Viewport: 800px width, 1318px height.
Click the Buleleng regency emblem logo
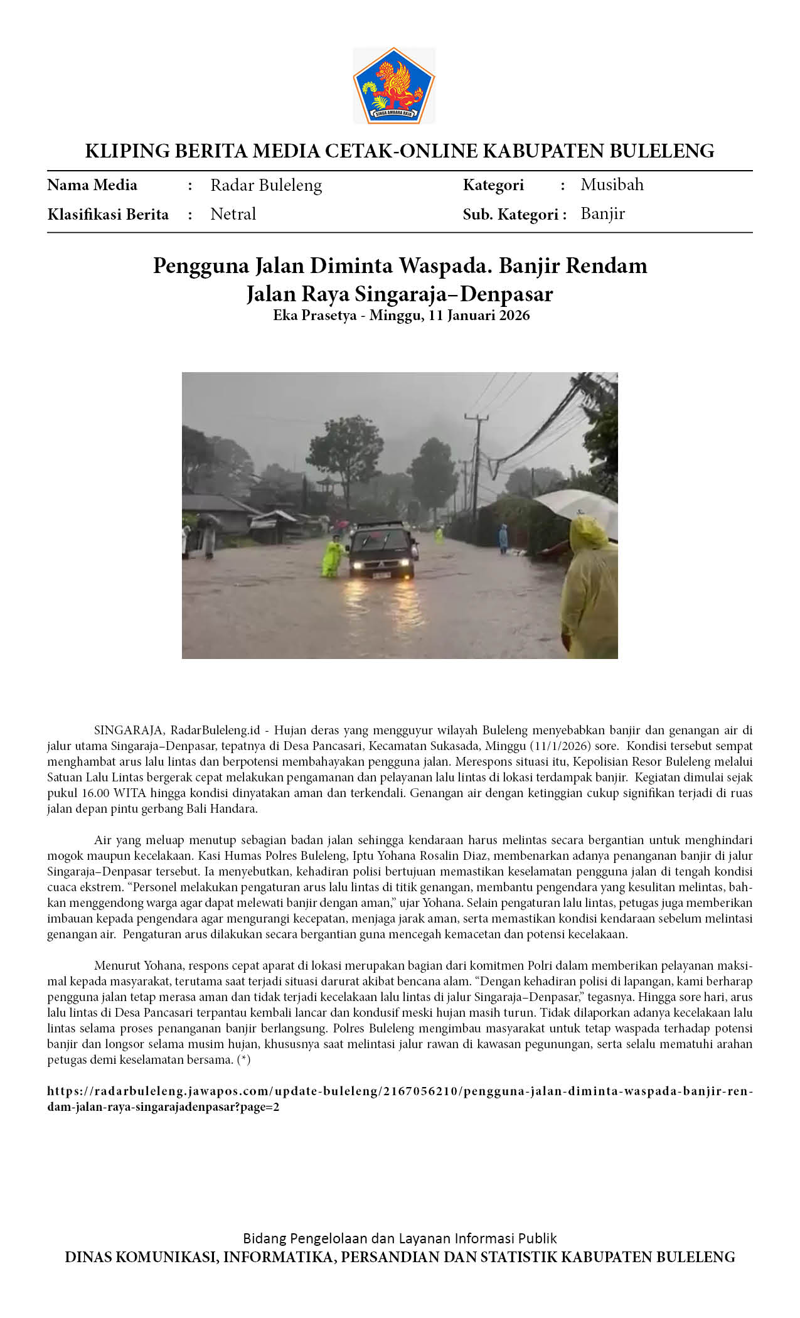pyautogui.click(x=393, y=85)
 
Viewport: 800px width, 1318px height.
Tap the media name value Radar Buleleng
pyautogui.click(x=266, y=185)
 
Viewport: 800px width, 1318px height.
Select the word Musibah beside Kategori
pyautogui.click(x=612, y=185)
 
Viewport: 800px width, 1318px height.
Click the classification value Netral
pyautogui.click(x=233, y=214)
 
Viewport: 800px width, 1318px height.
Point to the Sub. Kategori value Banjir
pyautogui.click(x=602, y=213)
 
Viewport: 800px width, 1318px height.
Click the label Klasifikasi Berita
pyautogui.click(x=108, y=215)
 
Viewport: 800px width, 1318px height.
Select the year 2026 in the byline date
pyautogui.click(x=515, y=315)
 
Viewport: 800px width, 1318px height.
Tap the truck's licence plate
pyautogui.click(x=381, y=574)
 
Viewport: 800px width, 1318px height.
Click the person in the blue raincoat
pyautogui.click(x=503, y=538)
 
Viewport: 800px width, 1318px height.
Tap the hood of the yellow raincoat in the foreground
pyautogui.click(x=589, y=531)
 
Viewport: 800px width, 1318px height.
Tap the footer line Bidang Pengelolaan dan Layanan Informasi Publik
pyautogui.click(x=400, y=1238)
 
